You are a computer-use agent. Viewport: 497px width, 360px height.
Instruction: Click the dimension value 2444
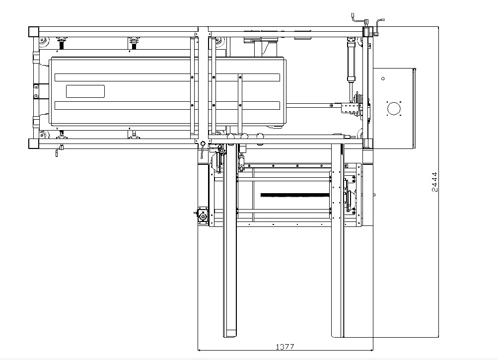click(x=433, y=182)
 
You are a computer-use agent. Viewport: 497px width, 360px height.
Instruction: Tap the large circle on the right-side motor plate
click(x=393, y=108)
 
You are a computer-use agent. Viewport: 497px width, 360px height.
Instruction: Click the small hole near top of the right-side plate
click(x=383, y=78)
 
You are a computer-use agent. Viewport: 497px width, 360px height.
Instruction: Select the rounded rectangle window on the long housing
click(x=85, y=91)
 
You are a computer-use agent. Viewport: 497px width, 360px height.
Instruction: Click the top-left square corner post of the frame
click(x=34, y=31)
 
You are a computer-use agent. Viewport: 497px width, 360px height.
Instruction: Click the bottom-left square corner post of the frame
click(x=34, y=144)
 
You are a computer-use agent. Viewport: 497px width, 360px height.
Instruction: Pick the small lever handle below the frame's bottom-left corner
click(x=59, y=150)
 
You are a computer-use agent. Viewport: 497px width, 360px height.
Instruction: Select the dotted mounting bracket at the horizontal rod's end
click(x=349, y=108)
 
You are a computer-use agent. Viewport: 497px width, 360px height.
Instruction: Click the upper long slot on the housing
click(x=167, y=77)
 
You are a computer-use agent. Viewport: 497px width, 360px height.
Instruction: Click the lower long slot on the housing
click(x=167, y=105)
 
